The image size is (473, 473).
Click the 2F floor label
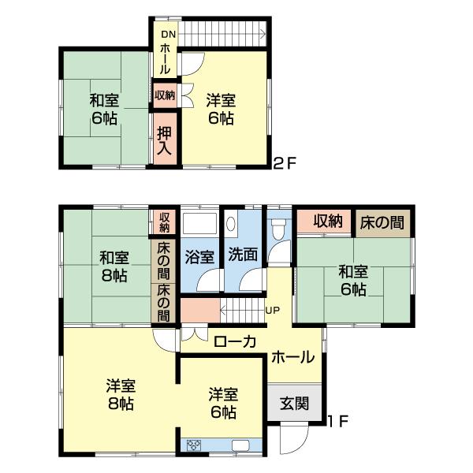(284, 165)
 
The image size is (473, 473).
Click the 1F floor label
(338, 421)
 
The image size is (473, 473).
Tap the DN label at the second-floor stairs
(168, 34)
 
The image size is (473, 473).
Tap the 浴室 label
(199, 256)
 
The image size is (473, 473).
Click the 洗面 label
(243, 256)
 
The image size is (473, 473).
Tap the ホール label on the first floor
(291, 357)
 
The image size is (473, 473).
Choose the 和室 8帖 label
(113, 266)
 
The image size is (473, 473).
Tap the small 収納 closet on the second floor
(165, 95)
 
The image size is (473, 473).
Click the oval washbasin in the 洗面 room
(230, 224)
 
